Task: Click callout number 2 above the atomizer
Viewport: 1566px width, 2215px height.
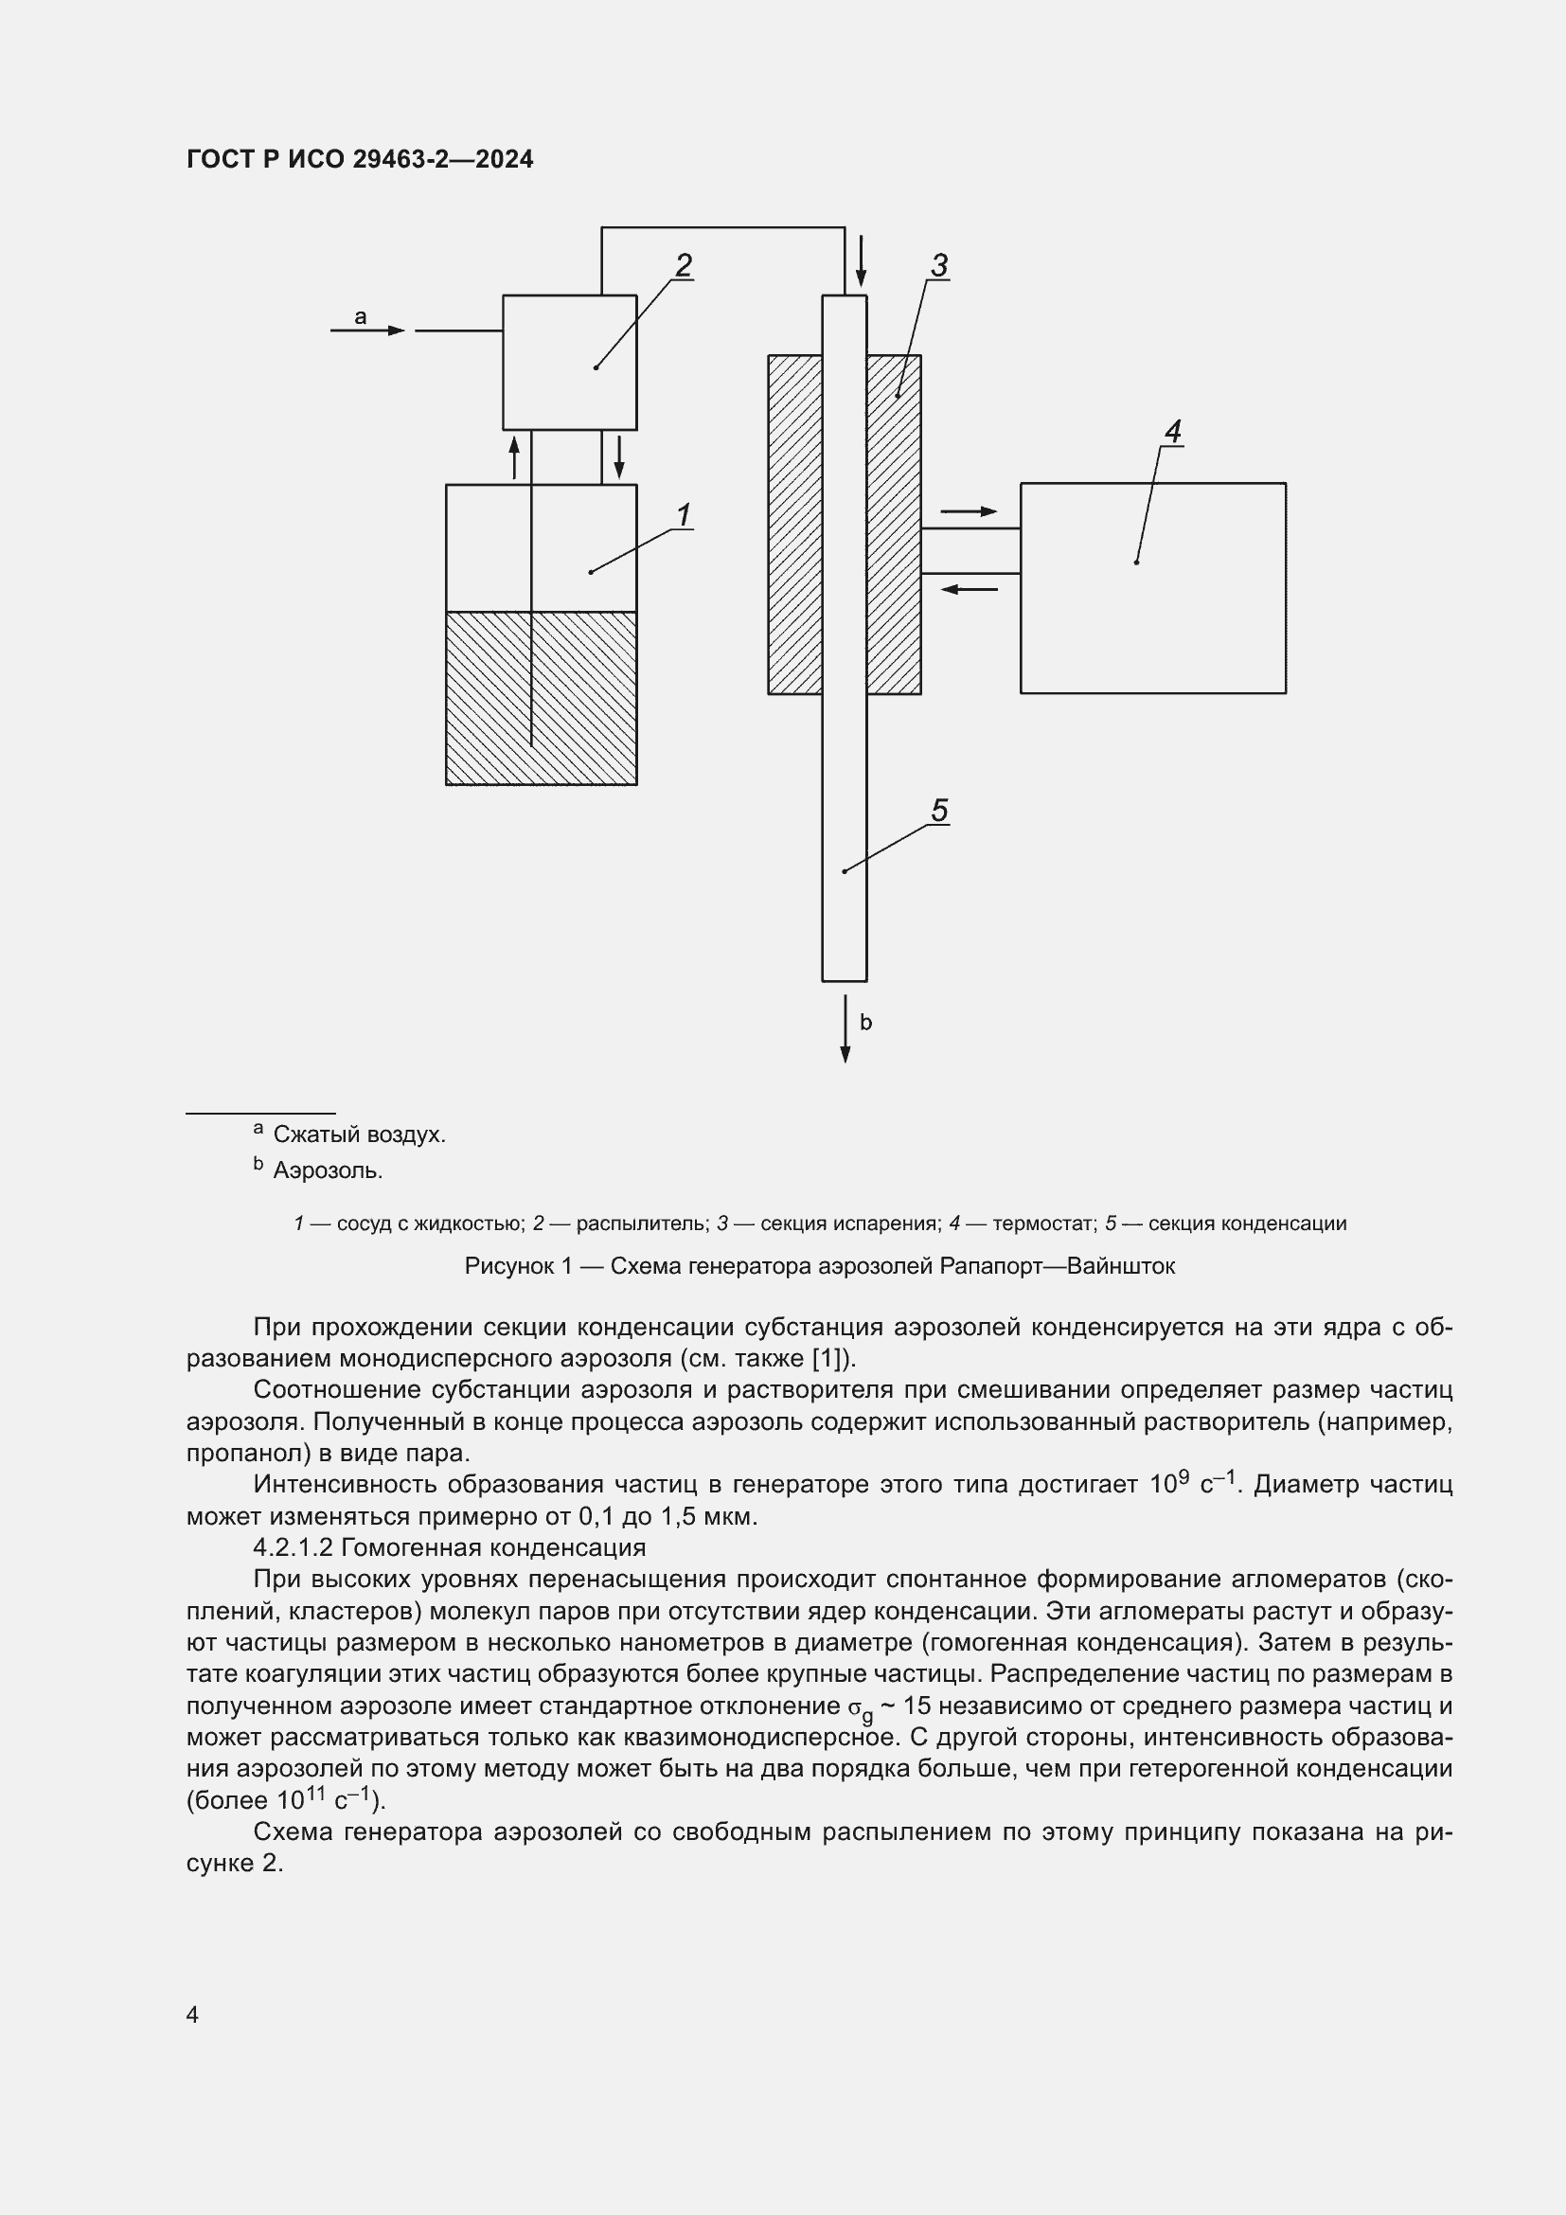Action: (x=684, y=264)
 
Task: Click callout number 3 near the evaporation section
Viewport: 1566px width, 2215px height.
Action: (x=939, y=264)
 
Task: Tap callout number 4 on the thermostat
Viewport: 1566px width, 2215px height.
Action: (x=1172, y=430)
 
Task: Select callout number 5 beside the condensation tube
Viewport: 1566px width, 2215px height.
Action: (x=939, y=811)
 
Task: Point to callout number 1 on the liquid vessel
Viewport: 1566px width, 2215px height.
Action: (x=684, y=515)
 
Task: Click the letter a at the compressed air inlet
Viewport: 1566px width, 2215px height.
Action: (x=361, y=315)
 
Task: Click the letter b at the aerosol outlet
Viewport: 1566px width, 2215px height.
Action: (x=865, y=1023)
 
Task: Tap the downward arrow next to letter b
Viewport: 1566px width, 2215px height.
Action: (x=845, y=1029)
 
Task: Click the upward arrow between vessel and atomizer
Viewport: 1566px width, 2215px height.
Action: (x=514, y=456)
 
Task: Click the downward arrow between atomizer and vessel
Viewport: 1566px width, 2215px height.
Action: (x=618, y=456)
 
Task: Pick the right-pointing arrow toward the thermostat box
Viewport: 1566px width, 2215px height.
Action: (x=969, y=511)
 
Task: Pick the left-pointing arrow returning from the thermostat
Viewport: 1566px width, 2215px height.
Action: (x=969, y=588)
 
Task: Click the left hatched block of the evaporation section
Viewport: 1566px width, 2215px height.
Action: (x=794, y=524)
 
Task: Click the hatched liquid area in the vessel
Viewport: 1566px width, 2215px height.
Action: (x=541, y=698)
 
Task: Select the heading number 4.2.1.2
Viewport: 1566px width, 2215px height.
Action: (x=293, y=1547)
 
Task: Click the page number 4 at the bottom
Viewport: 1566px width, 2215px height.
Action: (x=193, y=2013)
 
